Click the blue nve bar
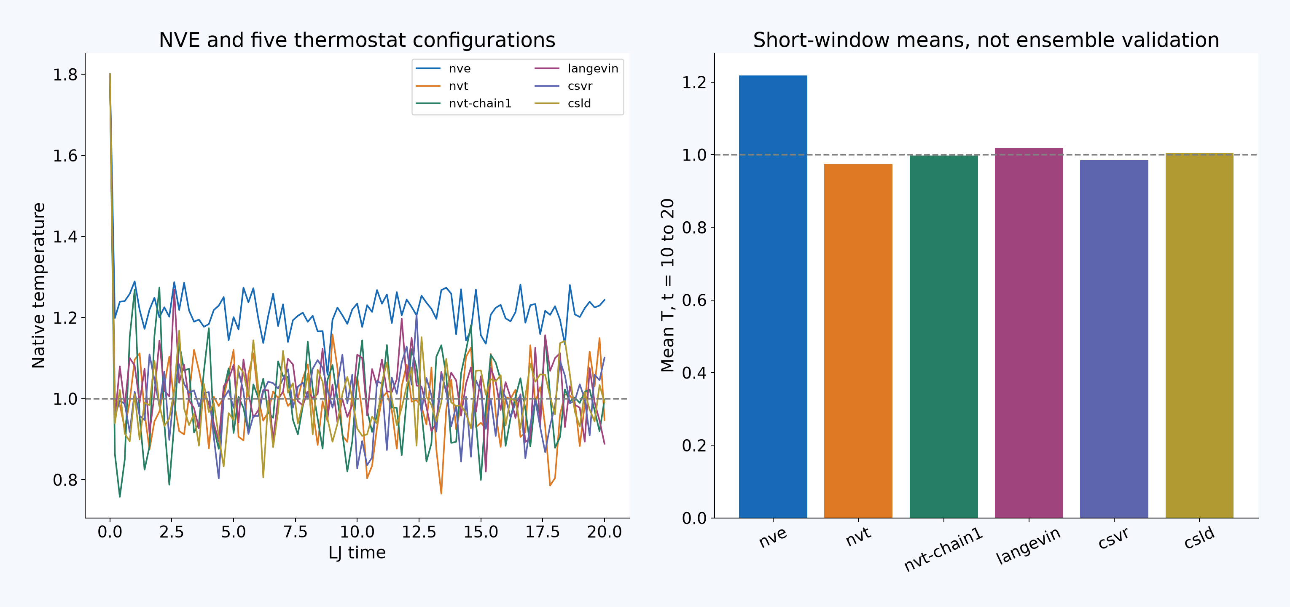point(773,296)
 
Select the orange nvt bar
point(858,341)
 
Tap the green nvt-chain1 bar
point(943,336)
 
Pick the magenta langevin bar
point(1029,333)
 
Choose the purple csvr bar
point(1114,339)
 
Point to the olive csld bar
point(1199,336)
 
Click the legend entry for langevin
point(576,69)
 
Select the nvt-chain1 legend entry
point(464,103)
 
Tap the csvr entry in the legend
point(563,86)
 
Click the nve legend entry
point(443,69)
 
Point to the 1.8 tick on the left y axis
point(66,75)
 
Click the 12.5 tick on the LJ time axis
point(419,532)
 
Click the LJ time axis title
point(357,552)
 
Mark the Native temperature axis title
point(38,285)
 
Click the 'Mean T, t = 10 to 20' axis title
point(667,285)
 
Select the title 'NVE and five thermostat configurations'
point(357,40)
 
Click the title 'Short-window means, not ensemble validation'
point(986,40)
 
